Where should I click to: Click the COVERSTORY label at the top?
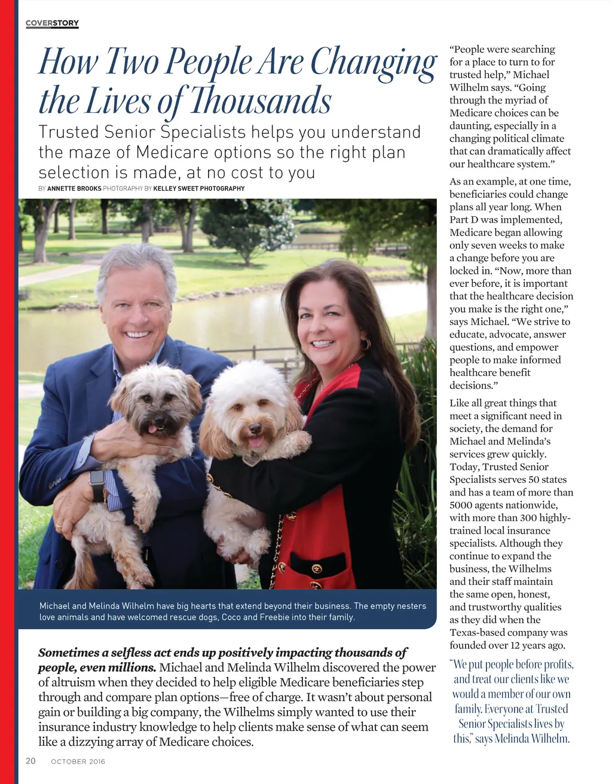52,23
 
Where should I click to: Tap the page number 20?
30,761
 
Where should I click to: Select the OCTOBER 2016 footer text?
78,761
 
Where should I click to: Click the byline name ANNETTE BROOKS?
74,188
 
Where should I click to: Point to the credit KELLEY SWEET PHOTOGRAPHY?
199,188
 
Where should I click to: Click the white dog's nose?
255,428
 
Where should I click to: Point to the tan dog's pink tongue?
152,428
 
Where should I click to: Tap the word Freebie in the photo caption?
276,617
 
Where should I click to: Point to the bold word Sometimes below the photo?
66,653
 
